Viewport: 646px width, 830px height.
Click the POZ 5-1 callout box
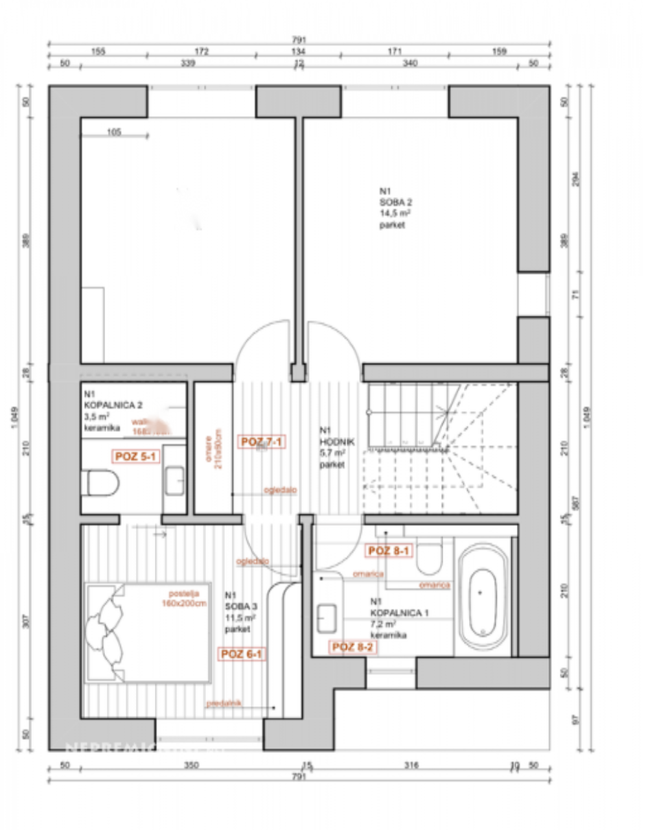click(136, 456)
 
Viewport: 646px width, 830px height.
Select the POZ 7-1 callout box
click(262, 442)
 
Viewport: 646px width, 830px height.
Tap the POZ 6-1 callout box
click(241, 654)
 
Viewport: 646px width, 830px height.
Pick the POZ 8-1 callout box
click(388, 551)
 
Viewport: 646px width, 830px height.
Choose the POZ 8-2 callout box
click(352, 646)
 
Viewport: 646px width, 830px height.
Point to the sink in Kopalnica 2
click(174, 480)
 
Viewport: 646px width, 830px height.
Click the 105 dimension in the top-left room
click(113, 132)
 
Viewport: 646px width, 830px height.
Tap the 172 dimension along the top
click(202, 52)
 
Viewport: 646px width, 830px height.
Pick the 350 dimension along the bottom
click(190, 765)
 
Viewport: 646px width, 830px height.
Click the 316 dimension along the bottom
click(411, 765)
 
